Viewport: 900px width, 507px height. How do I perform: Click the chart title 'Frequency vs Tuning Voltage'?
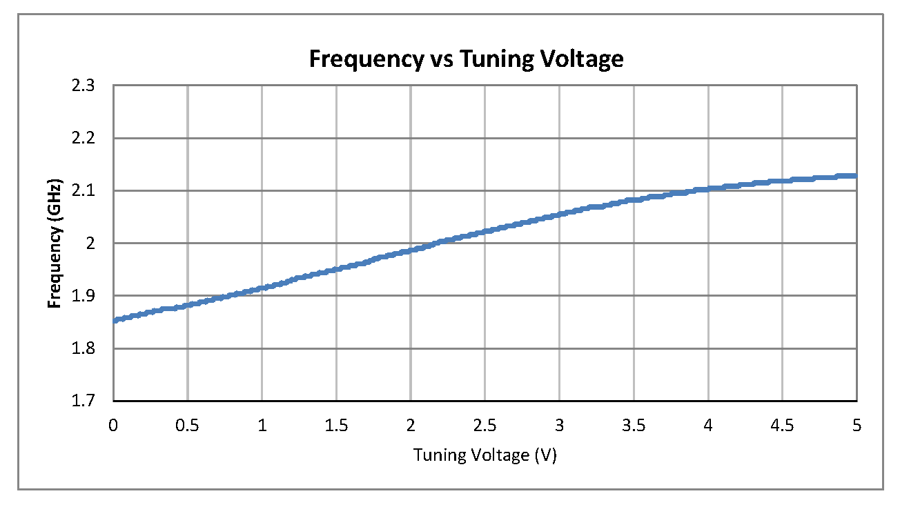click(466, 59)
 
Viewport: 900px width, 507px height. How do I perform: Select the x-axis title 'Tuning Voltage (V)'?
click(485, 455)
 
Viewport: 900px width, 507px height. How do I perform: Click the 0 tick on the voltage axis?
click(113, 426)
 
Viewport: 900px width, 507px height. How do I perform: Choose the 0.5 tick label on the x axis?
click(187, 426)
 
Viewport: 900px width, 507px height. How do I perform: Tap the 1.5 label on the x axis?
click(336, 426)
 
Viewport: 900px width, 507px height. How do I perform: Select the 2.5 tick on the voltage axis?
click(485, 426)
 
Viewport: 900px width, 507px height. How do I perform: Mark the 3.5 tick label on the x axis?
click(634, 426)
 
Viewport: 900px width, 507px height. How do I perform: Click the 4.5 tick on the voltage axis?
click(782, 426)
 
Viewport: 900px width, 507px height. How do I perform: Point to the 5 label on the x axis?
click(857, 426)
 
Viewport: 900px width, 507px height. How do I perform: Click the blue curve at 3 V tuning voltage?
click(559, 215)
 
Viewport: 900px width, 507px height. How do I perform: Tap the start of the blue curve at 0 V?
click(115, 320)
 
